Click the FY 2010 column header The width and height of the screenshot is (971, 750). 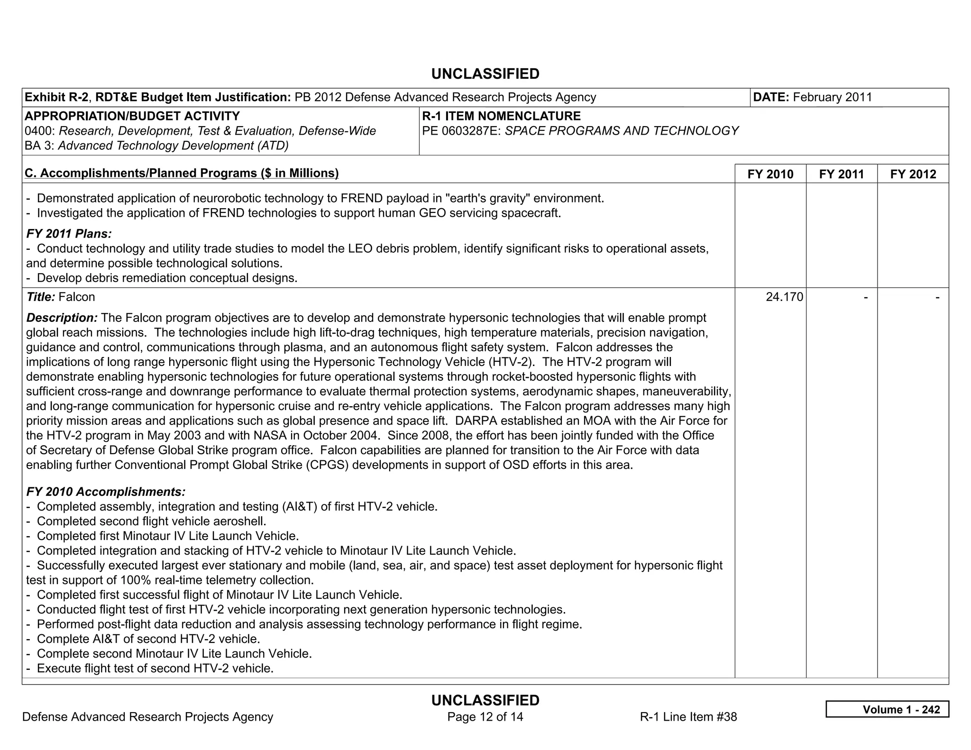coord(770,174)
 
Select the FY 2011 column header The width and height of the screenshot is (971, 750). coord(842,174)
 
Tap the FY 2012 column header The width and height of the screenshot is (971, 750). coord(913,174)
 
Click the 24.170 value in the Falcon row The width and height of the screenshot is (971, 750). coord(784,297)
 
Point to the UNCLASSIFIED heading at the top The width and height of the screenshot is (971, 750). coord(485,74)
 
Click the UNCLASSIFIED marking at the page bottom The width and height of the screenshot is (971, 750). coord(485,700)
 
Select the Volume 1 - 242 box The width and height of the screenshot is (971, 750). coord(887,709)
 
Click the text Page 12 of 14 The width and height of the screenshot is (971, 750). coord(485,717)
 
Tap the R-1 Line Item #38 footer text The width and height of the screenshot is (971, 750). coord(688,717)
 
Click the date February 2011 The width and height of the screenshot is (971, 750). coord(832,97)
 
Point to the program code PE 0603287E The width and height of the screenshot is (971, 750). coord(461,131)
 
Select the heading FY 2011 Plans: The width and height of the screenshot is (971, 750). coord(69,234)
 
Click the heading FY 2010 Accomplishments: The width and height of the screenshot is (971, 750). coord(106,492)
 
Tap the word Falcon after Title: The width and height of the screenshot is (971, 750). coord(77,297)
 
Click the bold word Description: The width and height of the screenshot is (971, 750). coord(62,318)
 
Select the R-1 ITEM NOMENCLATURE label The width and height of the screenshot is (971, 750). coord(501,116)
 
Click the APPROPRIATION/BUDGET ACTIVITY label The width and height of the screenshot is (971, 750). coord(132,116)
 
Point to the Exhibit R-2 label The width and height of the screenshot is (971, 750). coord(56,97)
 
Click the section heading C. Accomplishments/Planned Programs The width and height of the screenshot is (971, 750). coord(182,173)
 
